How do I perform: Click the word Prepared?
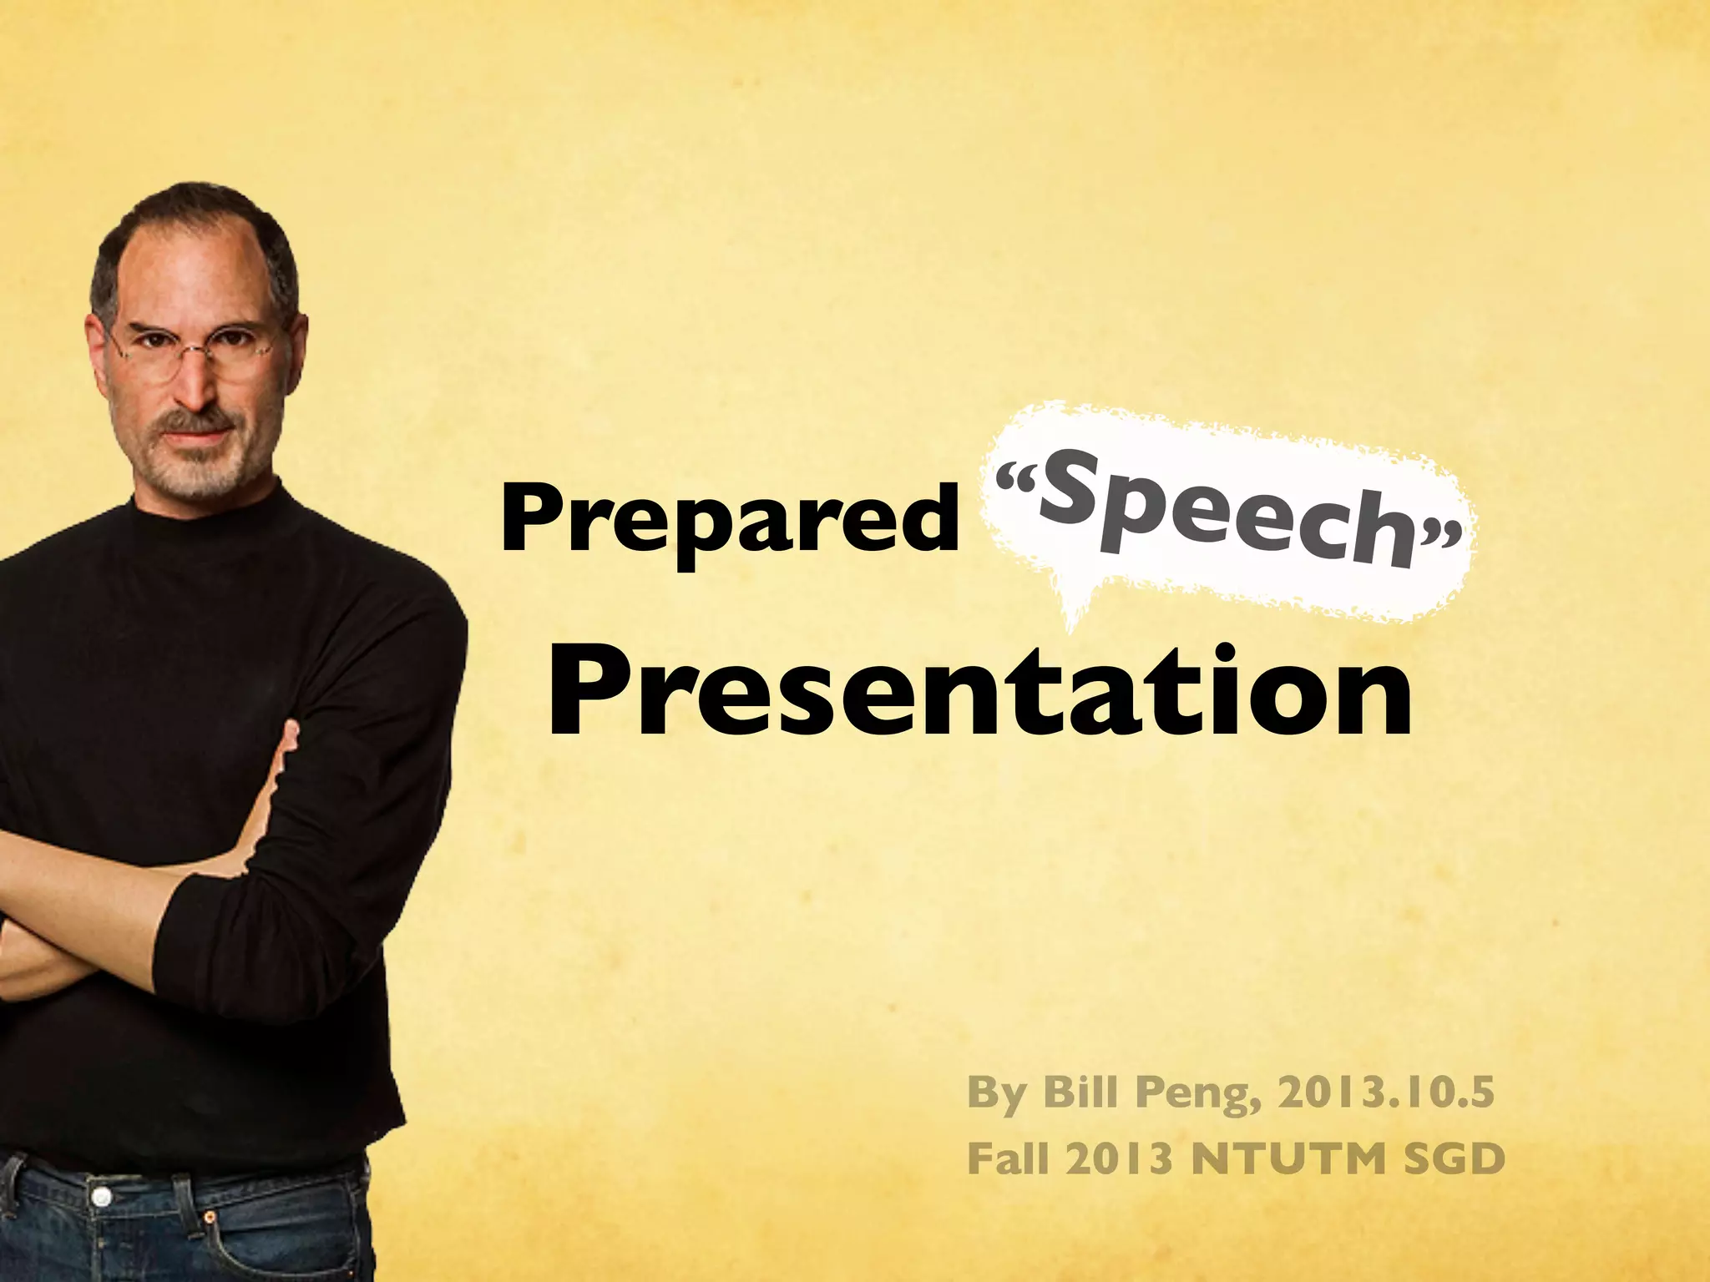(x=730, y=519)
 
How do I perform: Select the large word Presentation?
(x=979, y=692)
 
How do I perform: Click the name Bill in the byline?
(x=1078, y=1093)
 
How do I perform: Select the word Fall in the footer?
(x=1006, y=1158)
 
